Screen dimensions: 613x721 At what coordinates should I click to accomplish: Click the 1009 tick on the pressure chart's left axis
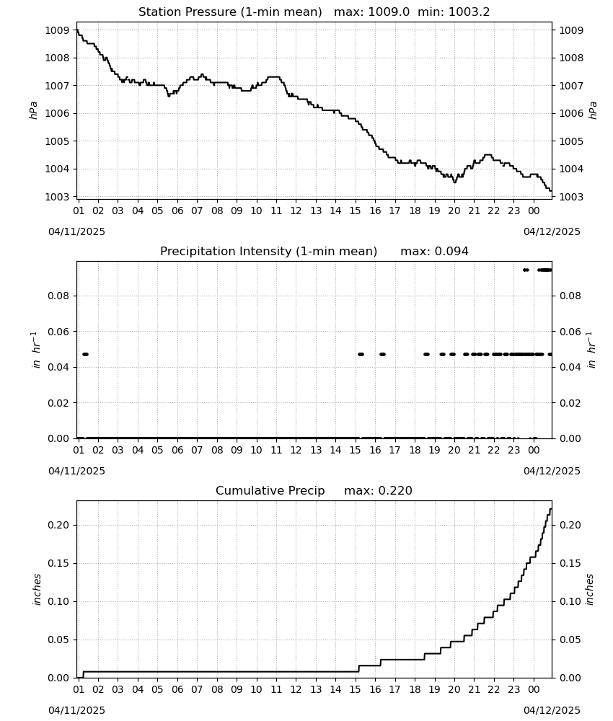pos(57,30)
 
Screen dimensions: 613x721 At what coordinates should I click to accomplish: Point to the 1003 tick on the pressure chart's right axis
pos(571,197)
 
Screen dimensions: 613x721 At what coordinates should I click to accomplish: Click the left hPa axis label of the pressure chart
pos(33,110)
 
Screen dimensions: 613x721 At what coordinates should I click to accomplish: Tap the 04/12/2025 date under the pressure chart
pos(552,231)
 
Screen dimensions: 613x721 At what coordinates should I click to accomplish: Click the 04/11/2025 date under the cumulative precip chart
pos(76,710)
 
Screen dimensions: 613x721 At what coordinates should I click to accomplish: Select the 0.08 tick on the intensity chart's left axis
pos(58,296)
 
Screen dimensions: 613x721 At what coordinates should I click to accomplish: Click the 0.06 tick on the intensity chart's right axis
pos(570,332)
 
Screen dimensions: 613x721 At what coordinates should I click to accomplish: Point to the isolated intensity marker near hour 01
pos(85,354)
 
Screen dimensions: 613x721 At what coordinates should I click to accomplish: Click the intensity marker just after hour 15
pos(361,354)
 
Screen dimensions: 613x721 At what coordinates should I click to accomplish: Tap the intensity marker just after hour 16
pos(383,354)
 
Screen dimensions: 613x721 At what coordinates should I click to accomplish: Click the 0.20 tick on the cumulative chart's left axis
pos(58,525)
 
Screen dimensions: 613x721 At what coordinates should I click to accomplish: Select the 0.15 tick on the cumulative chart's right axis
pos(570,563)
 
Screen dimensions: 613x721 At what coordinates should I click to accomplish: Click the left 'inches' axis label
pos(37,590)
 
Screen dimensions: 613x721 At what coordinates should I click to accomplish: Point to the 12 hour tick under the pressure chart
pos(296,211)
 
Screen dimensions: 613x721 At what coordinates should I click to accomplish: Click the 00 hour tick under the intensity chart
pos(534,450)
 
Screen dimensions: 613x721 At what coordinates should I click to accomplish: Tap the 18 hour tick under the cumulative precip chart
pos(415,690)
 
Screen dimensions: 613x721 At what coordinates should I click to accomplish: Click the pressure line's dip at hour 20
pos(455,182)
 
